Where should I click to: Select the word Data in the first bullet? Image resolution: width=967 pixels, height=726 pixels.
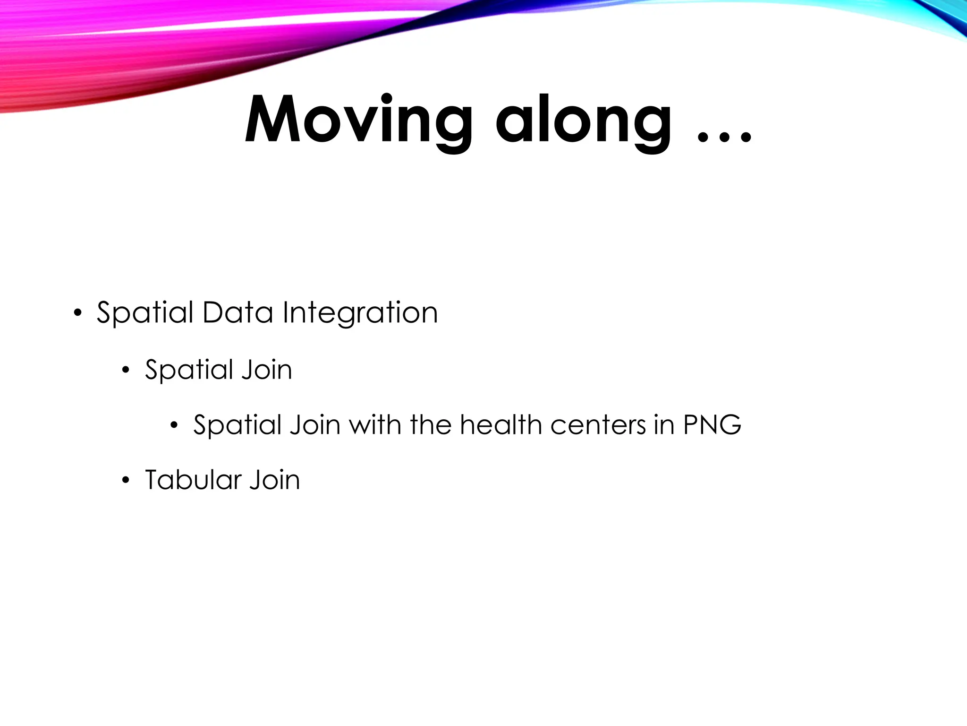[x=238, y=313]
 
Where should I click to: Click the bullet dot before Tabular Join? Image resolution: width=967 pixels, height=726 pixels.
[x=126, y=481]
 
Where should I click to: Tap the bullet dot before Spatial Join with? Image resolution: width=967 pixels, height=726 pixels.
[x=174, y=425]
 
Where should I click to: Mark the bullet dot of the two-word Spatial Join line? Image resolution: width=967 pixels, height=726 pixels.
[x=126, y=370]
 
